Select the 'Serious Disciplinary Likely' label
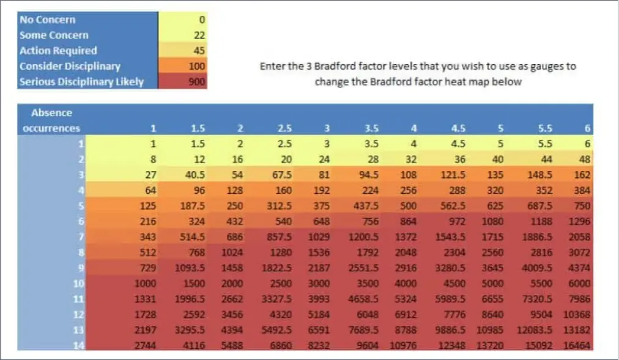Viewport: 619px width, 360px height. [81, 81]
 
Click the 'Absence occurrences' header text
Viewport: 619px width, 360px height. [51, 120]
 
